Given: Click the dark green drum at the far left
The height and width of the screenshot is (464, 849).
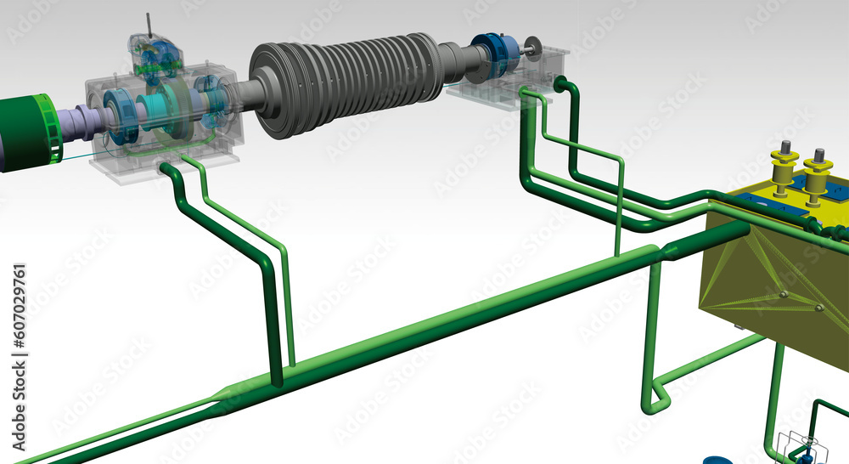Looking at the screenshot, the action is [25, 133].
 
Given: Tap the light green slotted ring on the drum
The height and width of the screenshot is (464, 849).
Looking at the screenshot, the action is [48, 129].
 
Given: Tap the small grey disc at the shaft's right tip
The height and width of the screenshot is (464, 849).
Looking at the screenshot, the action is [533, 50].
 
